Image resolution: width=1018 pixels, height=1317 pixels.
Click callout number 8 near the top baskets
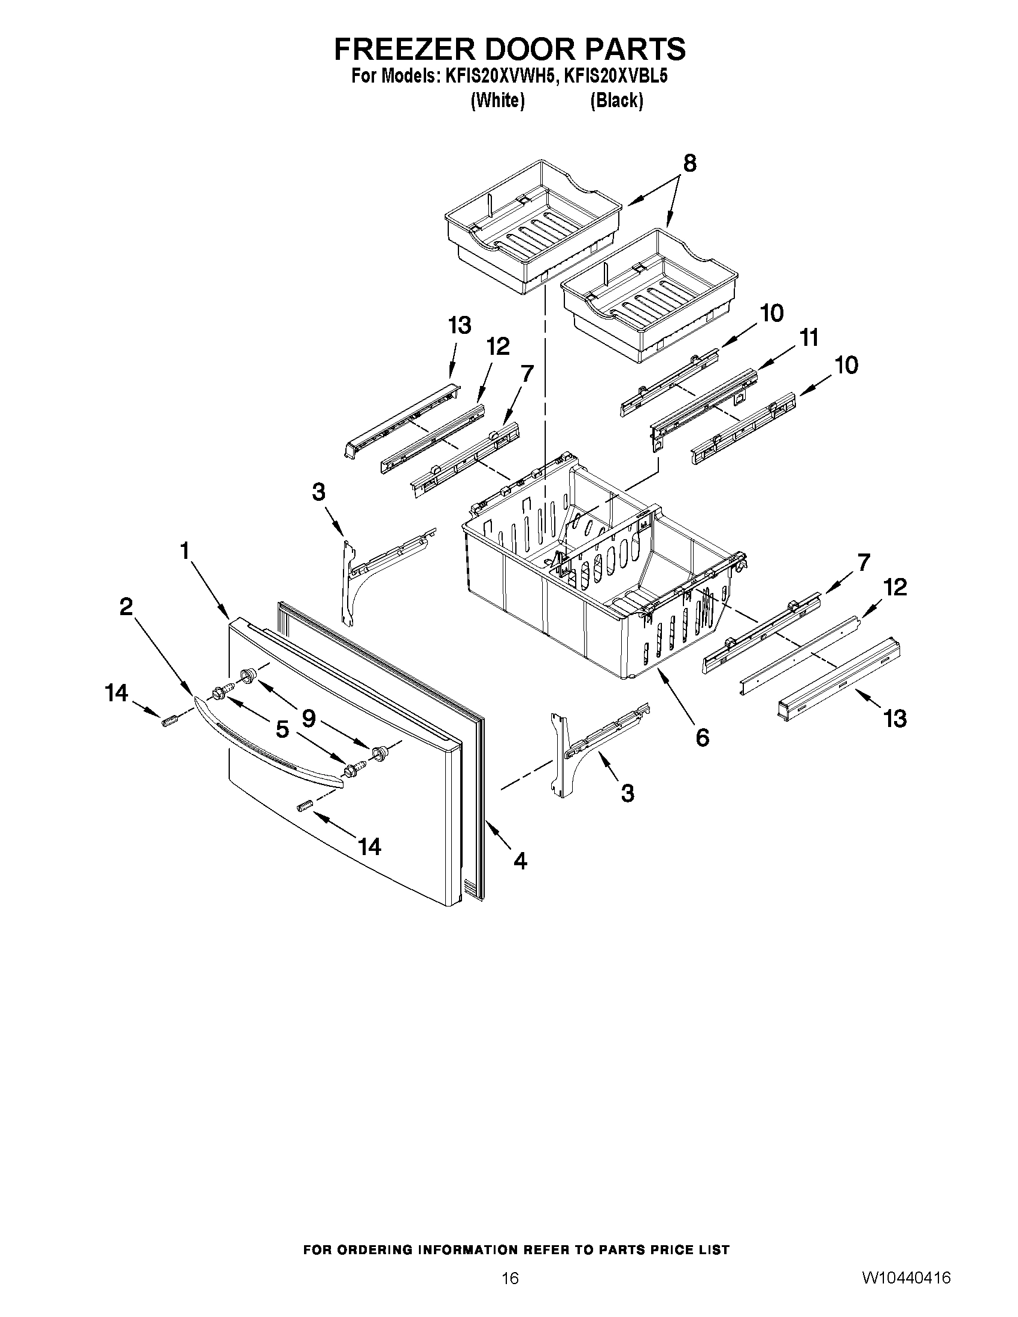(689, 163)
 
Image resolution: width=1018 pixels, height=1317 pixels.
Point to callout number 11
(808, 338)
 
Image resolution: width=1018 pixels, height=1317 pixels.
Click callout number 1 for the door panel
(184, 550)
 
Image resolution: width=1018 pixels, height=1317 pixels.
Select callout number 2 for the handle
(126, 607)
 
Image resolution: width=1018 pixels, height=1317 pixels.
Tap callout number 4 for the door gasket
(520, 860)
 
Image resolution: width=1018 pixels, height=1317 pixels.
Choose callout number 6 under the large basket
(702, 737)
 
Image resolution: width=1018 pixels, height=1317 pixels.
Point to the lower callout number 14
(369, 847)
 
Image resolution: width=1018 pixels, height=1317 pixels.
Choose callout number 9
(308, 717)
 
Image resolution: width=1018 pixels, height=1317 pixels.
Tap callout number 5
(282, 730)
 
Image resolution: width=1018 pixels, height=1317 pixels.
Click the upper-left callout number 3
(318, 492)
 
